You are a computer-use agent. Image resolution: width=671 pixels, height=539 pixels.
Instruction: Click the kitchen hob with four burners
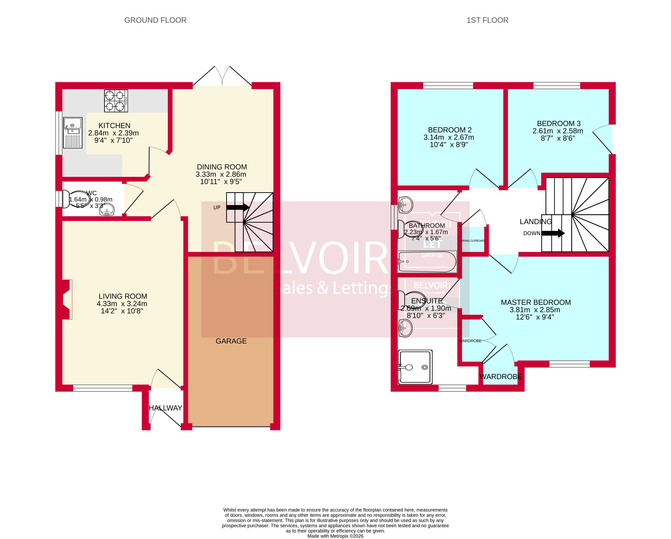[116, 101]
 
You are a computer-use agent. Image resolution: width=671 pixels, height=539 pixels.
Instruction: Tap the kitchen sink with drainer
[73, 133]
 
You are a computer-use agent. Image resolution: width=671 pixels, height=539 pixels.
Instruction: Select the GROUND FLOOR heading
[155, 20]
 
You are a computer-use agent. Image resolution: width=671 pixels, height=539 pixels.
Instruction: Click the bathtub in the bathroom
[427, 262]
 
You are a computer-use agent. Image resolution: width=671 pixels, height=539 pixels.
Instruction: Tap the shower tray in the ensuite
[415, 367]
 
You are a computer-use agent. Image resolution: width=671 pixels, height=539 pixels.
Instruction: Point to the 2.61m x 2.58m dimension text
[557, 131]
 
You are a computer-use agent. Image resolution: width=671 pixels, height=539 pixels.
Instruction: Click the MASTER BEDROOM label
[536, 302]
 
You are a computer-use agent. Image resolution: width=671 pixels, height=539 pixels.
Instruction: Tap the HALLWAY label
[165, 408]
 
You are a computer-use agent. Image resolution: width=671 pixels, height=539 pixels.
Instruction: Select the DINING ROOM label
[222, 167]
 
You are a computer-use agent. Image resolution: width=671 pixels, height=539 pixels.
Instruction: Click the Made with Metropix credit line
[335, 536]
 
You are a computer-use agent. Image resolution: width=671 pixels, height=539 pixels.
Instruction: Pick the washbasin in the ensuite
[405, 328]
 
